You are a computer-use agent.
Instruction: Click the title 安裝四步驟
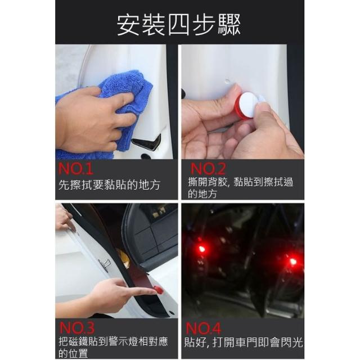click(x=179, y=25)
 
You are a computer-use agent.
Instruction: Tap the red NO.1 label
click(x=76, y=169)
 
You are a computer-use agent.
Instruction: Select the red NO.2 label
click(x=208, y=169)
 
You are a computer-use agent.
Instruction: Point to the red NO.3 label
click(x=76, y=328)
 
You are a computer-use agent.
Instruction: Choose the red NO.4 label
click(x=203, y=328)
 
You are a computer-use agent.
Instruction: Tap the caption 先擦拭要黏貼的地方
click(x=109, y=185)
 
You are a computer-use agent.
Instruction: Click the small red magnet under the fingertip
click(x=158, y=290)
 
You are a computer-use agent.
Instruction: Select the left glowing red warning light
click(x=201, y=249)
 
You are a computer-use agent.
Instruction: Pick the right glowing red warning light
click(x=292, y=261)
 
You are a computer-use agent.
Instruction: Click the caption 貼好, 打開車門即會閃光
click(x=244, y=343)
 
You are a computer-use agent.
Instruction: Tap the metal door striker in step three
click(x=105, y=264)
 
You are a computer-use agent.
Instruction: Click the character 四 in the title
click(x=179, y=25)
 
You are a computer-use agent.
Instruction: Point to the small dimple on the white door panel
click(x=227, y=81)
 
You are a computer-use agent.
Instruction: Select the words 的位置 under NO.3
click(x=73, y=354)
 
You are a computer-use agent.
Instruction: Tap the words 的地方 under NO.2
click(x=202, y=193)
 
